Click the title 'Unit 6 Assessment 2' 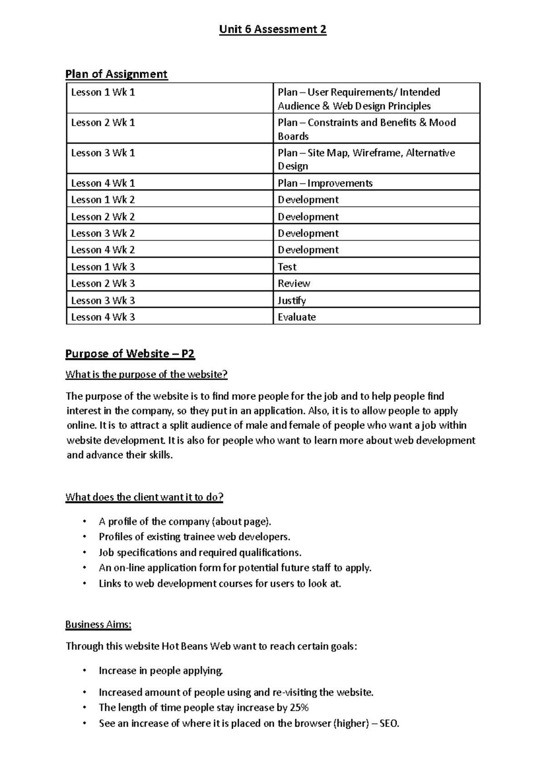[273, 30]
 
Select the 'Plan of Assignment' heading [116, 74]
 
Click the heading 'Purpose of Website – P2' [130, 354]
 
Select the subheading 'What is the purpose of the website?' [146, 375]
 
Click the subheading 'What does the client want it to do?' [144, 497]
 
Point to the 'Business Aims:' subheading [98, 625]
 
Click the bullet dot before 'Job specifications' [84, 553]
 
